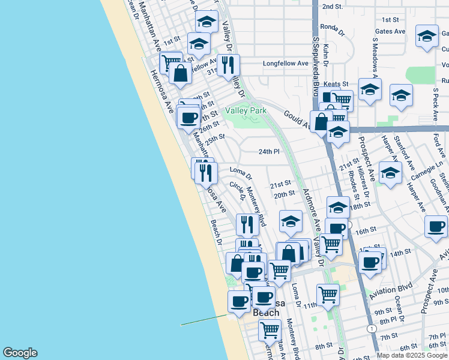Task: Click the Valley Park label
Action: pyautogui.click(x=245, y=110)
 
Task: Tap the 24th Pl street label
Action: pyautogui.click(x=269, y=152)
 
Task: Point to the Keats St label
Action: pyautogui.click(x=336, y=84)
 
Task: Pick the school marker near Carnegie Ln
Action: pyautogui.click(x=390, y=173)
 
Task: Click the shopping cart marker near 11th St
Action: pyautogui.click(x=328, y=294)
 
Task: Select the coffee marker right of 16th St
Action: pyautogui.click(x=436, y=227)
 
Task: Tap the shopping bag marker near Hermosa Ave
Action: pyautogui.click(x=180, y=74)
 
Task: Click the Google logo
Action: pyautogui.click(x=19, y=353)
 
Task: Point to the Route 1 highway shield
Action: pyautogui.click(x=373, y=329)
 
